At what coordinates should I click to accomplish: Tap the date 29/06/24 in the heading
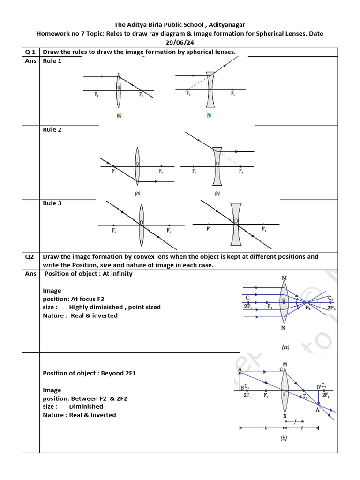(x=180, y=42)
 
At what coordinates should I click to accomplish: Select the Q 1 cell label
(x=30, y=52)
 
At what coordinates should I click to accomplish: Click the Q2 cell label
(x=30, y=256)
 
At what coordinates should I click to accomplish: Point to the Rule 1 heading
(x=52, y=61)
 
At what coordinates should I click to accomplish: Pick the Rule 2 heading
(x=52, y=130)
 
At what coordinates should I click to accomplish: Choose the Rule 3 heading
(x=52, y=203)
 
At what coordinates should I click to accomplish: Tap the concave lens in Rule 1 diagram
(x=210, y=90)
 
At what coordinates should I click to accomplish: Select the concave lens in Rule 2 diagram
(x=217, y=166)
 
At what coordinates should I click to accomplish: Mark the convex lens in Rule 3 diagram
(x=141, y=225)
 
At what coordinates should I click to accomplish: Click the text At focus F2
(x=88, y=299)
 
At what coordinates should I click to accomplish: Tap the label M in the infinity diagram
(x=284, y=278)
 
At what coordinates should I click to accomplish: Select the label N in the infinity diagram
(x=283, y=328)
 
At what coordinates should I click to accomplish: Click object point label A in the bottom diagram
(x=240, y=369)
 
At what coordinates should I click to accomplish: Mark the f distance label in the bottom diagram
(x=296, y=420)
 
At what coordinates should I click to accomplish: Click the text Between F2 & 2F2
(x=98, y=398)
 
